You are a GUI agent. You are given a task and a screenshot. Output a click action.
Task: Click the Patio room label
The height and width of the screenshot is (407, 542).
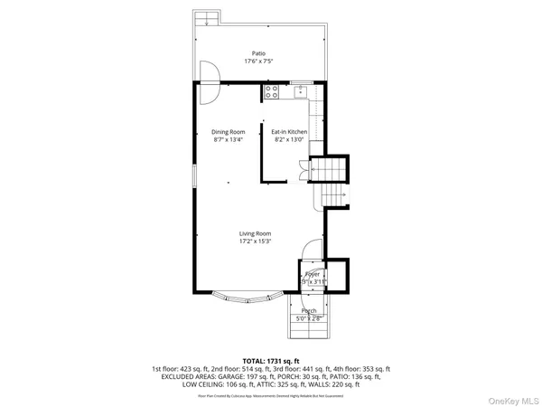coord(259,53)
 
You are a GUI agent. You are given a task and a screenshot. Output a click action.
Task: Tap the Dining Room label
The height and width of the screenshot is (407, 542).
coord(229,132)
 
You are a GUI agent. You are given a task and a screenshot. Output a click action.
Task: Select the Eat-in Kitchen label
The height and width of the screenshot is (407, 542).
coord(290,132)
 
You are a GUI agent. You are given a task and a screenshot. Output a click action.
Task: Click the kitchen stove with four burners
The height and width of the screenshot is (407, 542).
coord(271,90)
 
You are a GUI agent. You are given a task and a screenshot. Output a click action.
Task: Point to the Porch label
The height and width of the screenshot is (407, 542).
coord(309,310)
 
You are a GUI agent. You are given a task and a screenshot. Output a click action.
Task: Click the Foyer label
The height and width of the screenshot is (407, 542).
coord(313,273)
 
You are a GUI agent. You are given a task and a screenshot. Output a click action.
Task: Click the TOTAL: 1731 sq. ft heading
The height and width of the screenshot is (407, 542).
coord(271,360)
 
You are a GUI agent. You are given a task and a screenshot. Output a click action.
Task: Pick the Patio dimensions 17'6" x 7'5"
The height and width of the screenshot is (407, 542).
coord(259,62)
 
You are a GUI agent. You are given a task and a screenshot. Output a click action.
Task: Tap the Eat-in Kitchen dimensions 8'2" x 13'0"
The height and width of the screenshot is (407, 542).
coord(290,140)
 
